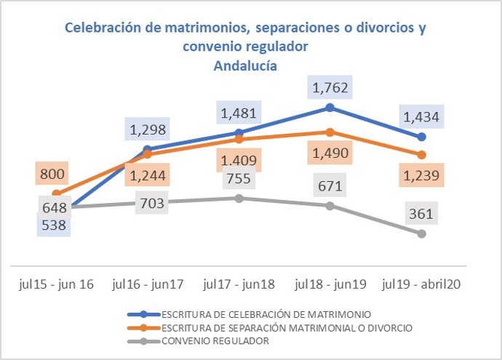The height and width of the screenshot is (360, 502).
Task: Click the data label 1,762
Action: [330, 88]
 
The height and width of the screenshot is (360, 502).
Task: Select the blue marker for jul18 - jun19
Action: [330, 108]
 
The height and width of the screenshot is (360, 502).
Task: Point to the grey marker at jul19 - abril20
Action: [421, 233]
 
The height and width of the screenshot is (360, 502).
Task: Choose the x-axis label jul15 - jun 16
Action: [57, 282]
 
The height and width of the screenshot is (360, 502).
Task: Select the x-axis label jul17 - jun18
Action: [239, 282]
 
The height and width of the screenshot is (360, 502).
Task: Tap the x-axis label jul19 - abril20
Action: [421, 282]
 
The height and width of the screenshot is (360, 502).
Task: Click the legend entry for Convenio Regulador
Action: [219, 342]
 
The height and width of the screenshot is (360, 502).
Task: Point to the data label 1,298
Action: [148, 130]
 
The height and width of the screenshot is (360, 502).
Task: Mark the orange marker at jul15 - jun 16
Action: [56, 193]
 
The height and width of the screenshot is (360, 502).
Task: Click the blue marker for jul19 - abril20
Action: [421, 137]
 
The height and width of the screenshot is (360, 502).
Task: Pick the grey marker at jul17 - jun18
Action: [239, 198]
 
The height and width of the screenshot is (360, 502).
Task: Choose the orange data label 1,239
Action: [421, 175]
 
